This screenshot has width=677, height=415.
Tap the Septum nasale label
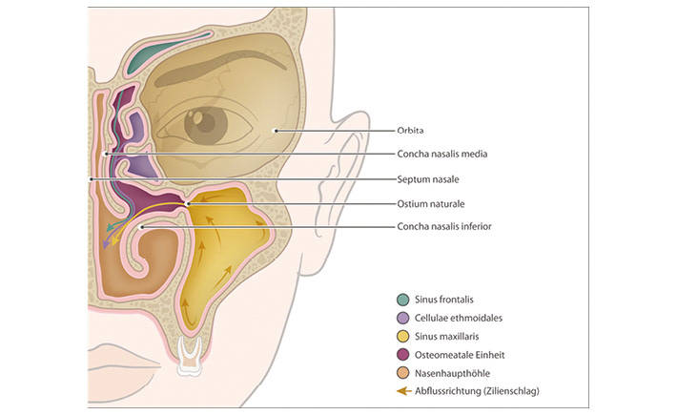click(423, 178)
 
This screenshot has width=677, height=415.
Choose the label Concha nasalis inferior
click(445, 227)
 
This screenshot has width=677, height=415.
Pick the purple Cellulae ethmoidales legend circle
click(404, 317)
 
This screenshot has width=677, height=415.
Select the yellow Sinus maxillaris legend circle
click(404, 335)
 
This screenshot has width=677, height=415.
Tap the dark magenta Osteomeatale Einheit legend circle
click(404, 353)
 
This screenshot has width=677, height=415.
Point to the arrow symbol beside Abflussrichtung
click(404, 389)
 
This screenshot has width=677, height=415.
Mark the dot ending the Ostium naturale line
click(188, 203)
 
